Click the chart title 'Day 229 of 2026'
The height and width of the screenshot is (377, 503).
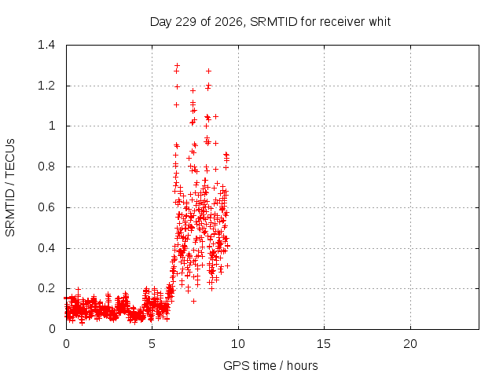point(196,22)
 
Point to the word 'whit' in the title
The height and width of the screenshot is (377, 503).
point(380,22)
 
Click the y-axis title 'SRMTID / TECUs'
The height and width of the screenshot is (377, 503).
point(10,188)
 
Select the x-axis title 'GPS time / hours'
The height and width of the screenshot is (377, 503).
point(270,365)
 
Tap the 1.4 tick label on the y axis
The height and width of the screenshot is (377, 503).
point(46,45)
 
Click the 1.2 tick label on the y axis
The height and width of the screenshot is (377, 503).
point(46,86)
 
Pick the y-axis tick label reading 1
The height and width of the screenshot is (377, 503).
point(52,126)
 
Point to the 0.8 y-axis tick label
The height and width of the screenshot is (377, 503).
point(46,167)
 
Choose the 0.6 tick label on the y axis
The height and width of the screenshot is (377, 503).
point(46,207)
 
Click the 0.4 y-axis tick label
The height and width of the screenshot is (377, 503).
point(46,248)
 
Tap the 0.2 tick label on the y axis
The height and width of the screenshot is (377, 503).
point(46,288)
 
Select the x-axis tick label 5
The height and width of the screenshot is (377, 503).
point(152,344)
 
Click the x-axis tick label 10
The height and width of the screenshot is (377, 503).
point(238,344)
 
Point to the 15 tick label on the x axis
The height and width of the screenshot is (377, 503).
point(324,344)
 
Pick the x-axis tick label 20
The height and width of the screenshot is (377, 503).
point(410,344)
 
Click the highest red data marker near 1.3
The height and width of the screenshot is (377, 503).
point(177,65)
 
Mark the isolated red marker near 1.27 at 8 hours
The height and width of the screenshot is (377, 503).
point(208,71)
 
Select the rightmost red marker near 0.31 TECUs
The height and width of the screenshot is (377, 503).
point(227,265)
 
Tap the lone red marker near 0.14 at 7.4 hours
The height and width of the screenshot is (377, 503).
point(193,301)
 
